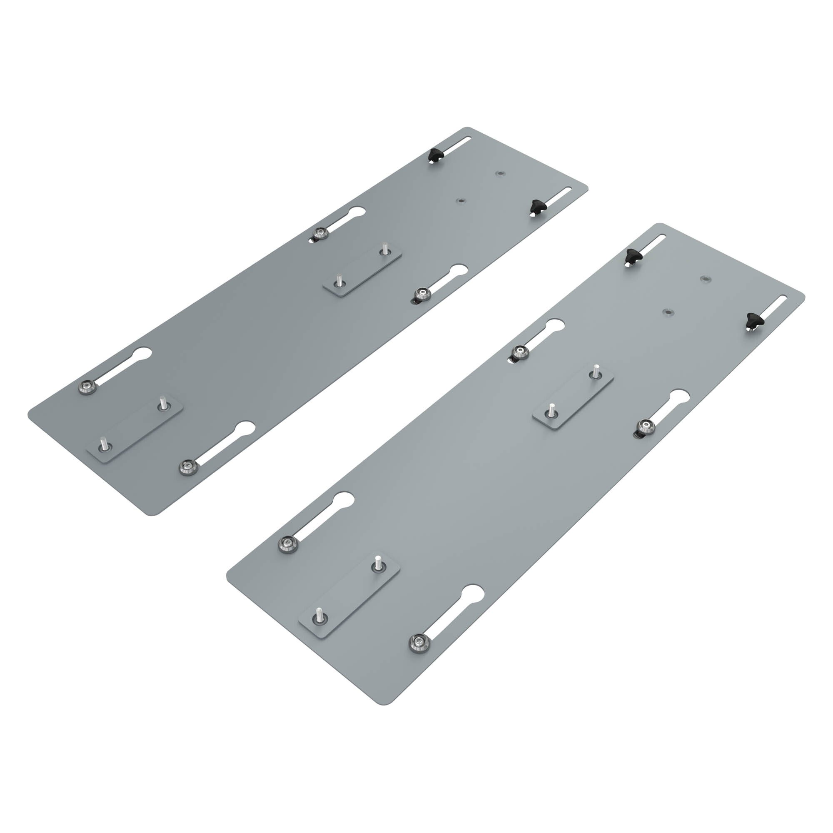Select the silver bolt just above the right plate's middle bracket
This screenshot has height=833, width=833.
click(519, 352)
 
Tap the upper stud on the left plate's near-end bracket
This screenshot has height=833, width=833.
click(162, 404)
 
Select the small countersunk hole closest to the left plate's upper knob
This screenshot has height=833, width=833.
click(500, 173)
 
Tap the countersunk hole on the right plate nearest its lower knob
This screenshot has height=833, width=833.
click(668, 311)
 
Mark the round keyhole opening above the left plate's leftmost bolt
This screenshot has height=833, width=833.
click(143, 354)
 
